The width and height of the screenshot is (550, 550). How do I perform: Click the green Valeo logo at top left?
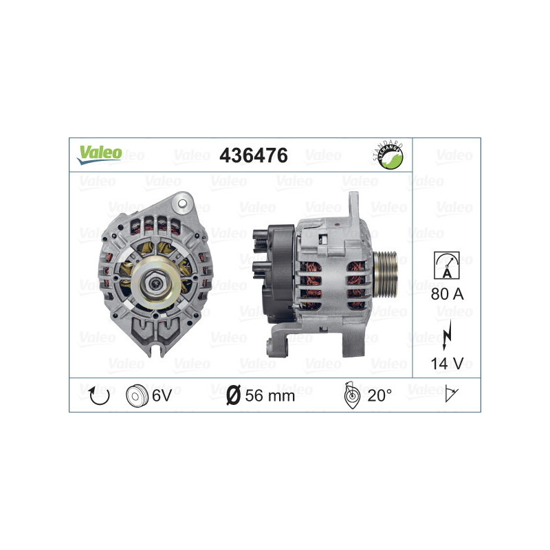[99, 153]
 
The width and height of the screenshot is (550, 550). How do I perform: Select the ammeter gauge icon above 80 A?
[446, 265]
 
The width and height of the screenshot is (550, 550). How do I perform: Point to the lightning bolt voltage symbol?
[447, 331]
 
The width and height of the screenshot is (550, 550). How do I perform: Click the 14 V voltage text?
[446, 363]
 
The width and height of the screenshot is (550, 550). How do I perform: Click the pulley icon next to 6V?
[137, 395]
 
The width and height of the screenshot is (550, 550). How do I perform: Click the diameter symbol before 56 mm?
[233, 395]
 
